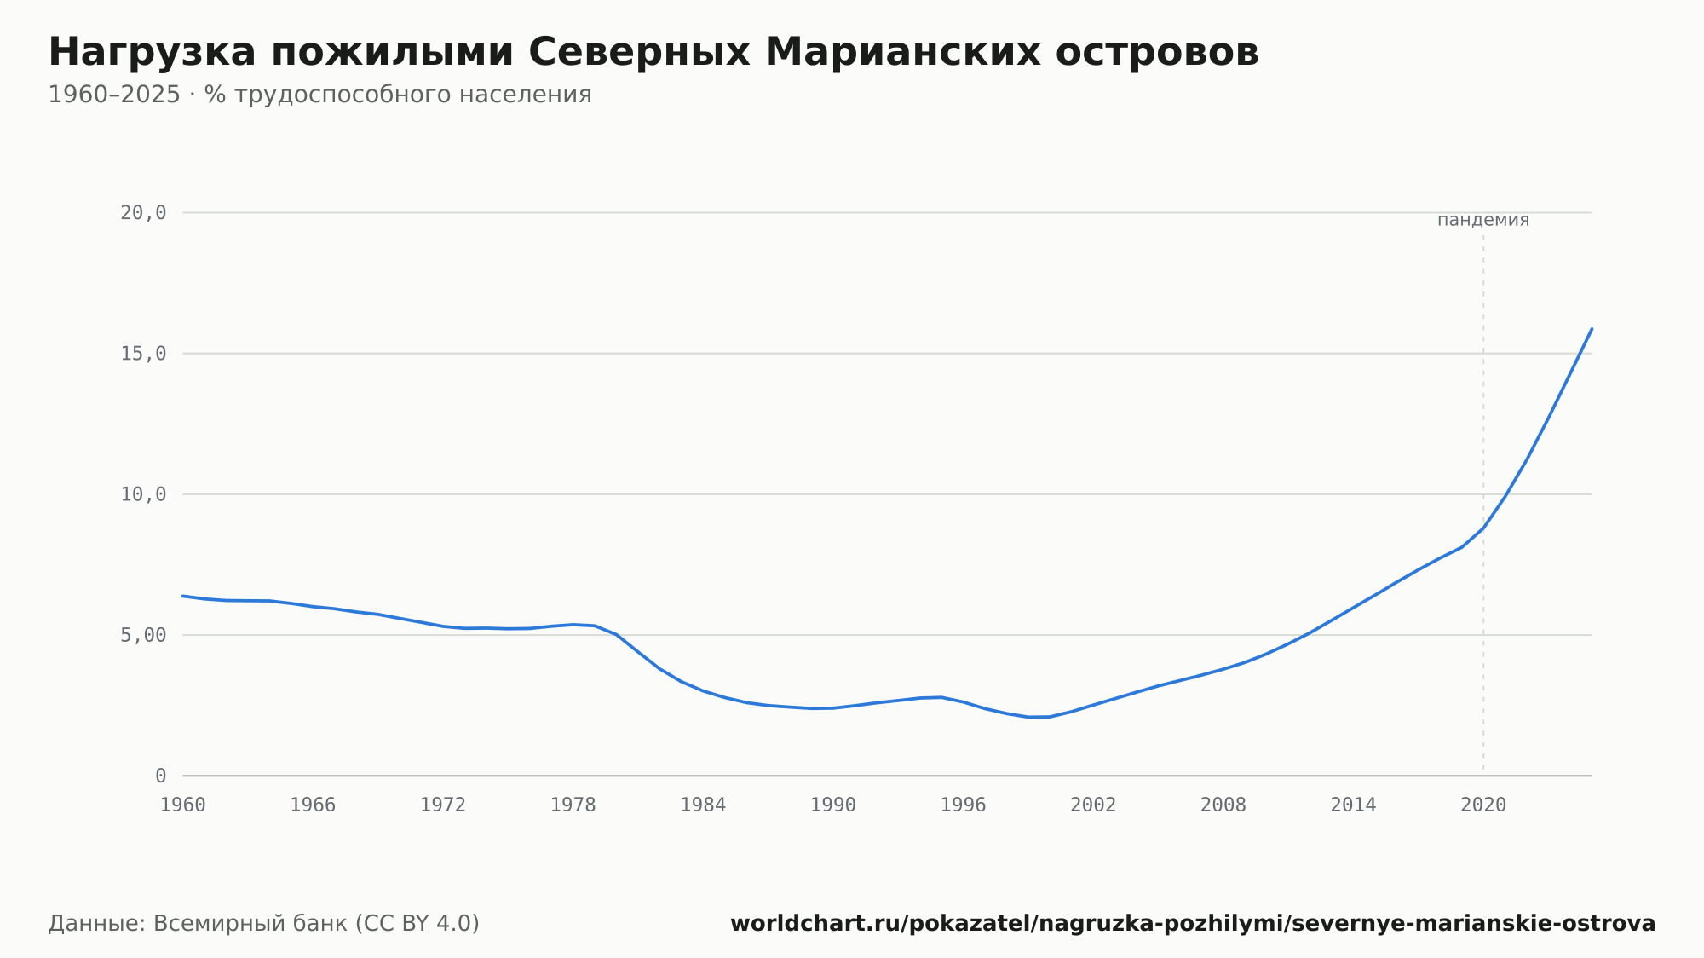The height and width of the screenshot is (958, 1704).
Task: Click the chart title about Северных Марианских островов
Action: [653, 53]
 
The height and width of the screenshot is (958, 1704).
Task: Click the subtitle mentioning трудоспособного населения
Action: [319, 95]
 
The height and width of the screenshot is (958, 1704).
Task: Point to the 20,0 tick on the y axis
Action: [143, 213]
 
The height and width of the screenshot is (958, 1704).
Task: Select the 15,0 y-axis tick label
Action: [143, 354]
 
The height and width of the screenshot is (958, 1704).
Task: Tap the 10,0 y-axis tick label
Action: [143, 494]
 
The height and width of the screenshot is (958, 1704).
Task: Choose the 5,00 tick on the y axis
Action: [143, 635]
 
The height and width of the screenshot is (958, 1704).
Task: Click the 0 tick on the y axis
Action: [161, 776]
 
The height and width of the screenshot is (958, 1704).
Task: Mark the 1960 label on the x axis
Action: [183, 805]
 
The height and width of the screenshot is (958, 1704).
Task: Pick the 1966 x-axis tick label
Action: [313, 805]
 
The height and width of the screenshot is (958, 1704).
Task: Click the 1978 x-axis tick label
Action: [573, 805]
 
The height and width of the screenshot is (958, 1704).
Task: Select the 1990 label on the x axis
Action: [833, 805]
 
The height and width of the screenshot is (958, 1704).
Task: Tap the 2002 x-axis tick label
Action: [1093, 805]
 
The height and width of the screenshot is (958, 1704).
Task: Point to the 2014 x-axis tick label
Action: [1354, 805]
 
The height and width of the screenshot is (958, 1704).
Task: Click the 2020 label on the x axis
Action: [1483, 805]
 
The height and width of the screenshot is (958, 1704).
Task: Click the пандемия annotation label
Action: [1483, 220]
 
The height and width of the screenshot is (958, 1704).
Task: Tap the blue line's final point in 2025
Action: [1592, 328]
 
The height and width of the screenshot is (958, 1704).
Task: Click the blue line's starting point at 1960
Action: [183, 596]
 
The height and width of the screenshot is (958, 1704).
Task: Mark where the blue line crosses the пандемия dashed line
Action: [1483, 528]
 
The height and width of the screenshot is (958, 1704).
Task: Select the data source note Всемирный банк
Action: [264, 924]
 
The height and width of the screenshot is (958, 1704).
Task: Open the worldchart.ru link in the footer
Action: [1193, 924]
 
